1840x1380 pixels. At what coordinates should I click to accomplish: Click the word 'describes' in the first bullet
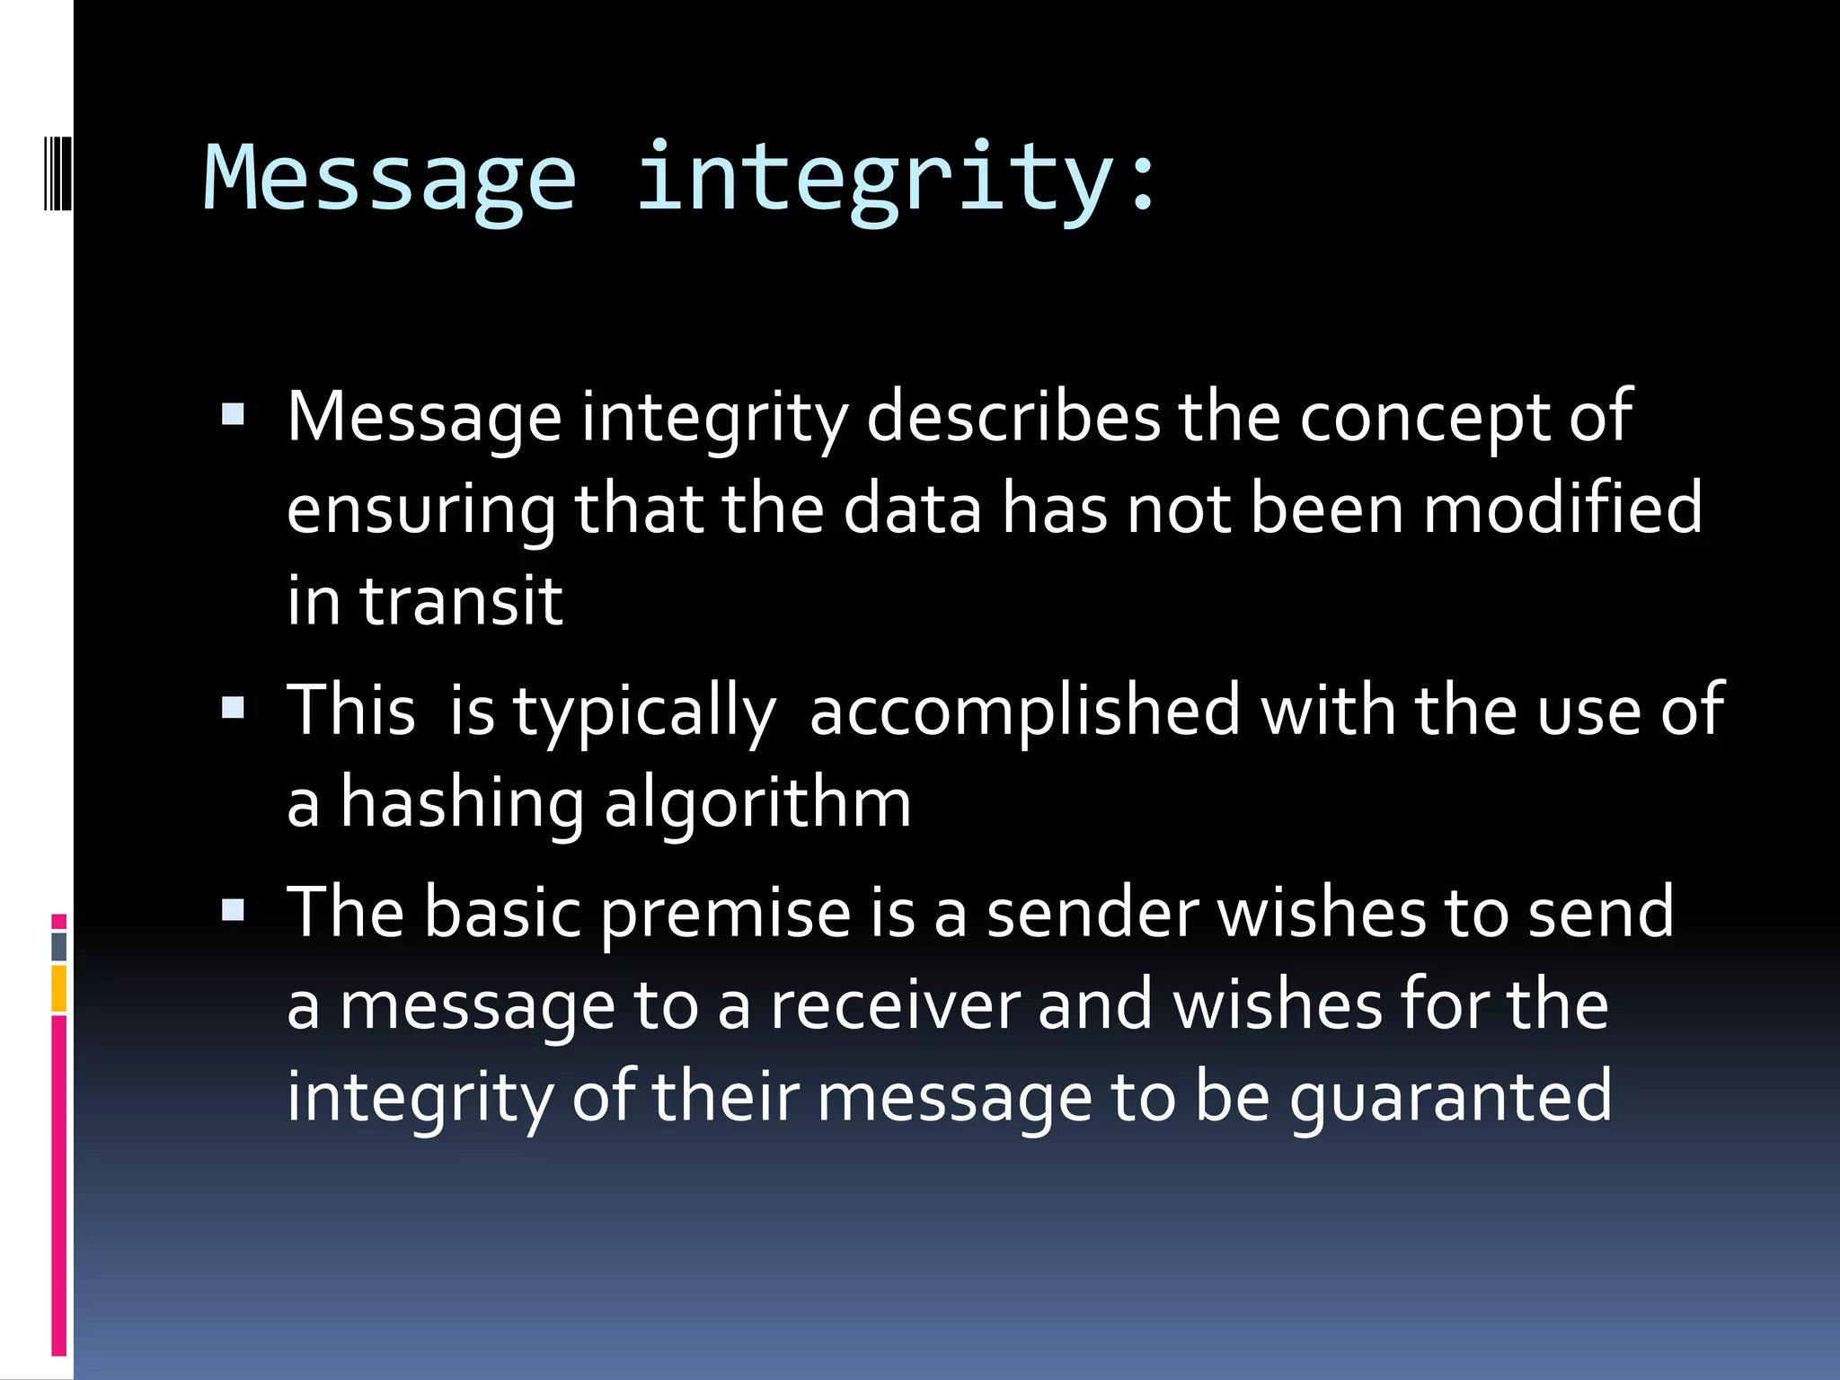(x=1013, y=417)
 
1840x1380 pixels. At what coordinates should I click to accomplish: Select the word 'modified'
(x=1562, y=509)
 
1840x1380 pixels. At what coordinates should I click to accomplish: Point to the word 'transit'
(x=461, y=600)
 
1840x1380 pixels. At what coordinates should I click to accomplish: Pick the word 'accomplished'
(x=1025, y=711)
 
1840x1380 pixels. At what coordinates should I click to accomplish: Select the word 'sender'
(x=1092, y=913)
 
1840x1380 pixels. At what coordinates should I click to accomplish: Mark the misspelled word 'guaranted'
(x=1450, y=1098)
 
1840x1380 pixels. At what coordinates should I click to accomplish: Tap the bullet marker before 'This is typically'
(x=233, y=709)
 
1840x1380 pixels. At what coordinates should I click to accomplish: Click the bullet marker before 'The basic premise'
(x=233, y=911)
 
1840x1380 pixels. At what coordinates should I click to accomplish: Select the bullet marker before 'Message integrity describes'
(x=233, y=415)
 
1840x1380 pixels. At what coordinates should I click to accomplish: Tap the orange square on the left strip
(x=58, y=988)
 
